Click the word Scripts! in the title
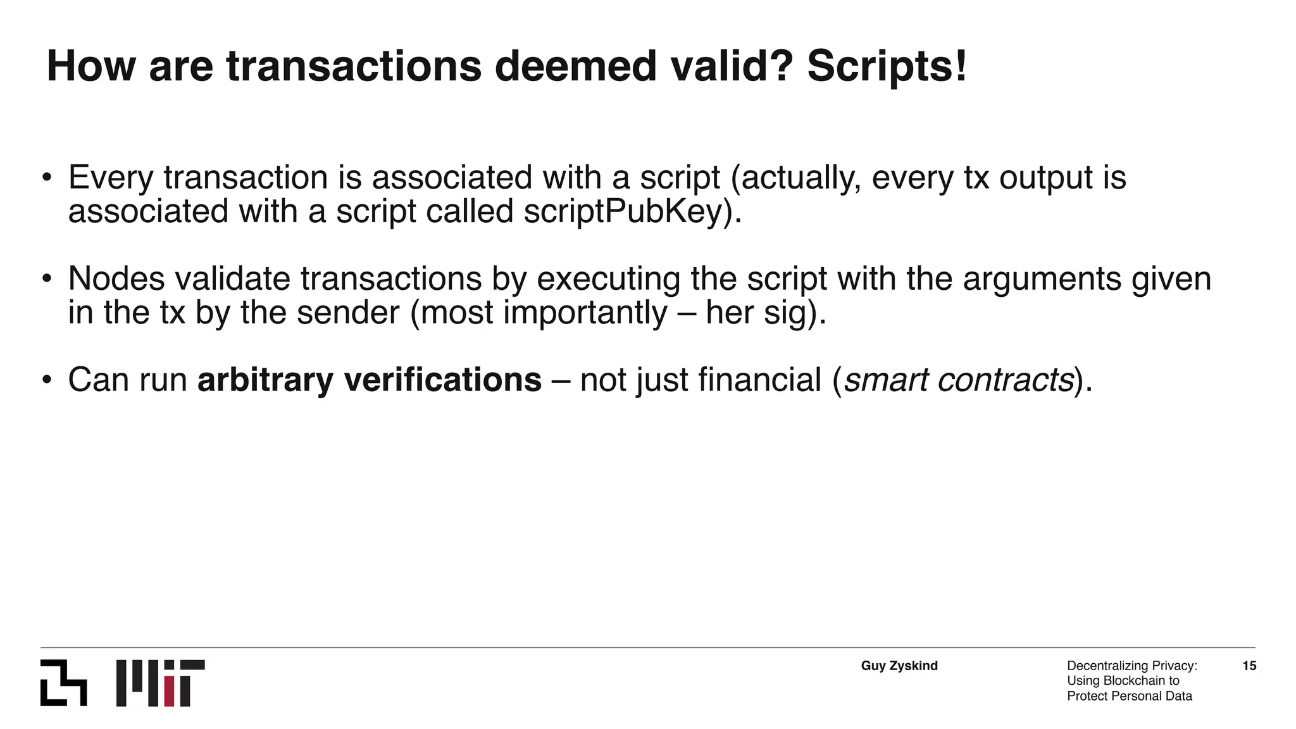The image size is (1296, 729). pyautogui.click(x=887, y=66)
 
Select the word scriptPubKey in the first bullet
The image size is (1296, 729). pyautogui.click(x=623, y=211)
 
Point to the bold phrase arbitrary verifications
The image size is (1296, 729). pyautogui.click(x=370, y=380)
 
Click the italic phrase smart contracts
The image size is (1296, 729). pyautogui.click(x=959, y=380)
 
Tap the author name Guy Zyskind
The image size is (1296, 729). pyautogui.click(x=899, y=666)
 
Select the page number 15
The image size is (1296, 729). pyautogui.click(x=1249, y=666)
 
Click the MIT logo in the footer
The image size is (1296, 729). pyautogui.click(x=161, y=683)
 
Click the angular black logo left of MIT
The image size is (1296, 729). pyautogui.click(x=63, y=683)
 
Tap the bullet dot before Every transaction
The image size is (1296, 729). pyautogui.click(x=47, y=177)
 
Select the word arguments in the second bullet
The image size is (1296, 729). pyautogui.click(x=1042, y=278)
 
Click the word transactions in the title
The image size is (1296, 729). pyautogui.click(x=354, y=66)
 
